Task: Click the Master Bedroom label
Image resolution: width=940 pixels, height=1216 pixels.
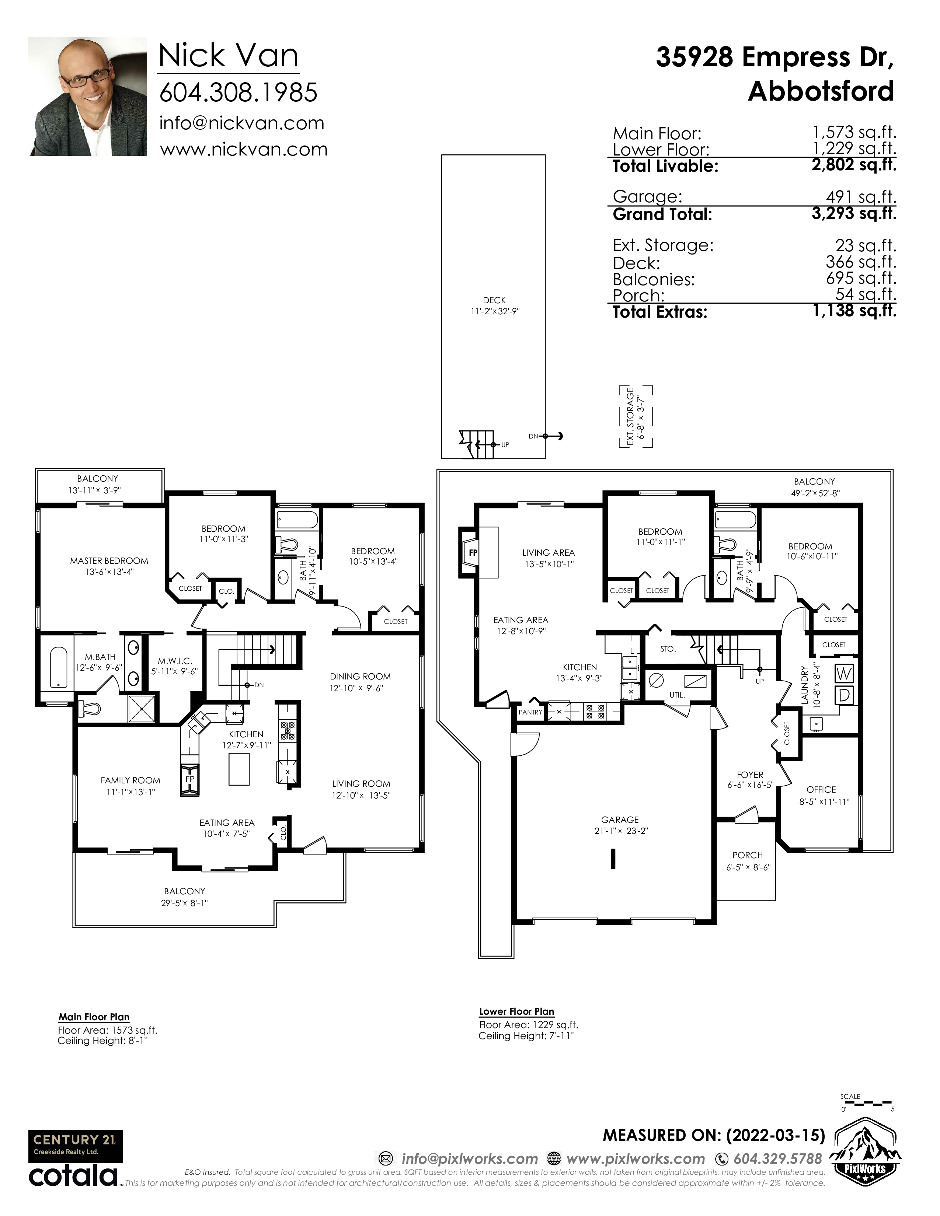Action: point(109,561)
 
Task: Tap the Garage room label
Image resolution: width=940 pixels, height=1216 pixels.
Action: point(620,820)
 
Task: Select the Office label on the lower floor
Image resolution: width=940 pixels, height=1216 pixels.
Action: point(821,790)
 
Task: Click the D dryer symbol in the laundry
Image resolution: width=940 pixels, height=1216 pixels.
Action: point(844,695)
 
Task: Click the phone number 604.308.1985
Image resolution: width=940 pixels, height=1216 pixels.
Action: point(239,92)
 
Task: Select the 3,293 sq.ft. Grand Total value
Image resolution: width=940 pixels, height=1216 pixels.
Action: point(854,213)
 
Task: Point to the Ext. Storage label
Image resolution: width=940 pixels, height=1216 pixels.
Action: point(630,416)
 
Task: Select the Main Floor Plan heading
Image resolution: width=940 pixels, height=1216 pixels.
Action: point(94,1017)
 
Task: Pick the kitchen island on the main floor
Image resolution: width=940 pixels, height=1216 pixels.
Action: point(239,769)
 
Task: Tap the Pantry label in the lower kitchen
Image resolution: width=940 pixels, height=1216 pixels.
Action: point(530,712)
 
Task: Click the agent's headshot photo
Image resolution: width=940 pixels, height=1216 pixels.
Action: point(87,96)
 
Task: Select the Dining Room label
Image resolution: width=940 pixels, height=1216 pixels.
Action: point(360,677)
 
